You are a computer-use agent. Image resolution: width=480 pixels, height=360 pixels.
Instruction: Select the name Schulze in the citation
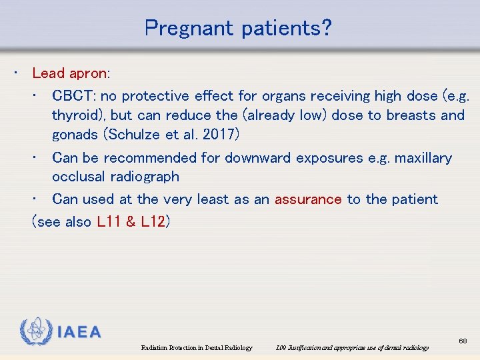[135, 134]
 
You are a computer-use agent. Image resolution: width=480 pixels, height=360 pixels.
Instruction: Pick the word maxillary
[423, 158]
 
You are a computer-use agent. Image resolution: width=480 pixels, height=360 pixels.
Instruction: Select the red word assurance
[308, 199]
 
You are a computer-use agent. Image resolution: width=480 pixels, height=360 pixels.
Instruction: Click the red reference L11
[109, 222]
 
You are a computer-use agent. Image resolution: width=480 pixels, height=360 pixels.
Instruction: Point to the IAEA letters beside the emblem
[79, 332]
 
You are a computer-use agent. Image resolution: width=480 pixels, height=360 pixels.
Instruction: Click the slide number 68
[463, 341]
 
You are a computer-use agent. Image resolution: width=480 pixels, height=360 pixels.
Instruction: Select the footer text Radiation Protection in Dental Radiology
[197, 348]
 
